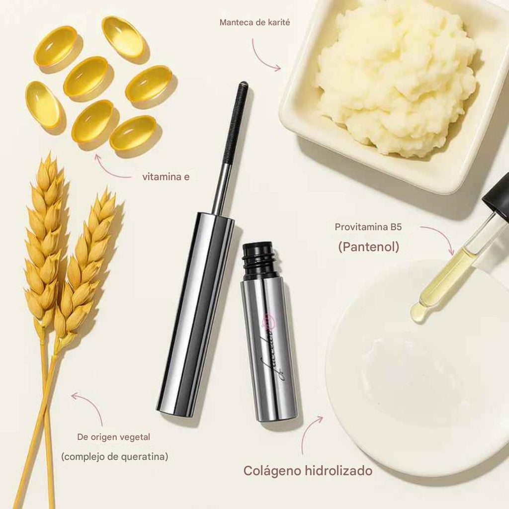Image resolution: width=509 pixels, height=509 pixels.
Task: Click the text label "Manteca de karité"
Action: pos(254,23)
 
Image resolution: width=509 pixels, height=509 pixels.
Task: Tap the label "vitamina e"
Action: pos(166,176)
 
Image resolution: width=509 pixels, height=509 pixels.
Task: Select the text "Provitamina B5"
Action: pos(368,228)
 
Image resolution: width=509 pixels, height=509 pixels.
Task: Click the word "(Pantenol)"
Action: pos(368,247)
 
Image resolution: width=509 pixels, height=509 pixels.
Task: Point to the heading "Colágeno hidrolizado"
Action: pos(308,471)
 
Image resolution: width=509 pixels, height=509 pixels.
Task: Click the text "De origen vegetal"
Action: pos(113,437)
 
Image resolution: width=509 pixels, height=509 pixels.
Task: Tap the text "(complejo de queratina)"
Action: pos(114,456)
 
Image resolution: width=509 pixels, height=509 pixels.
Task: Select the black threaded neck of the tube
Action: pos(258,260)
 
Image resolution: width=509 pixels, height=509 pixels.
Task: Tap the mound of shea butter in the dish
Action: pos(395,75)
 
